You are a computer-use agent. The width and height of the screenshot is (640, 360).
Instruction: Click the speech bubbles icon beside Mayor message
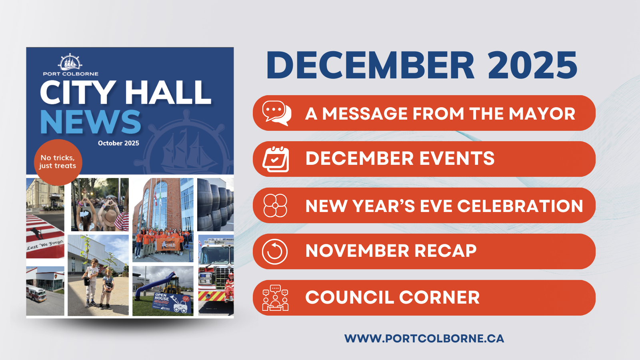pyautogui.click(x=276, y=113)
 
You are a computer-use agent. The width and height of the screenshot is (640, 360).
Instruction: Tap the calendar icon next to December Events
pyautogui.click(x=276, y=159)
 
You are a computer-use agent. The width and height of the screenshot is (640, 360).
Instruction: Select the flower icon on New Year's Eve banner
pyautogui.click(x=275, y=206)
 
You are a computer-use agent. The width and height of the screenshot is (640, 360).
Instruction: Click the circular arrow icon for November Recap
pyautogui.click(x=275, y=252)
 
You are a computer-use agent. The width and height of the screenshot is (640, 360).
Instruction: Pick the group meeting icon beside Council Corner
pyautogui.click(x=275, y=298)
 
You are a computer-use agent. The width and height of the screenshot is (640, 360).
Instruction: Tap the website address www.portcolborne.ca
pyautogui.click(x=424, y=338)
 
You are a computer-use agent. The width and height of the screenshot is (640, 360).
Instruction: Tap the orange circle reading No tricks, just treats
pyautogui.click(x=58, y=162)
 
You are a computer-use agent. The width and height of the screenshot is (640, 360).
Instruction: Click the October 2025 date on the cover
pyautogui.click(x=118, y=143)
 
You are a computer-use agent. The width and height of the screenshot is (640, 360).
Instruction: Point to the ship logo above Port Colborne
pyautogui.click(x=70, y=62)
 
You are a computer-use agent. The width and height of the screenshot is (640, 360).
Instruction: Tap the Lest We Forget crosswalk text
pyautogui.click(x=45, y=244)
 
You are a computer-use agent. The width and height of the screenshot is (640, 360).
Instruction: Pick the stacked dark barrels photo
pyautogui.click(x=216, y=204)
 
